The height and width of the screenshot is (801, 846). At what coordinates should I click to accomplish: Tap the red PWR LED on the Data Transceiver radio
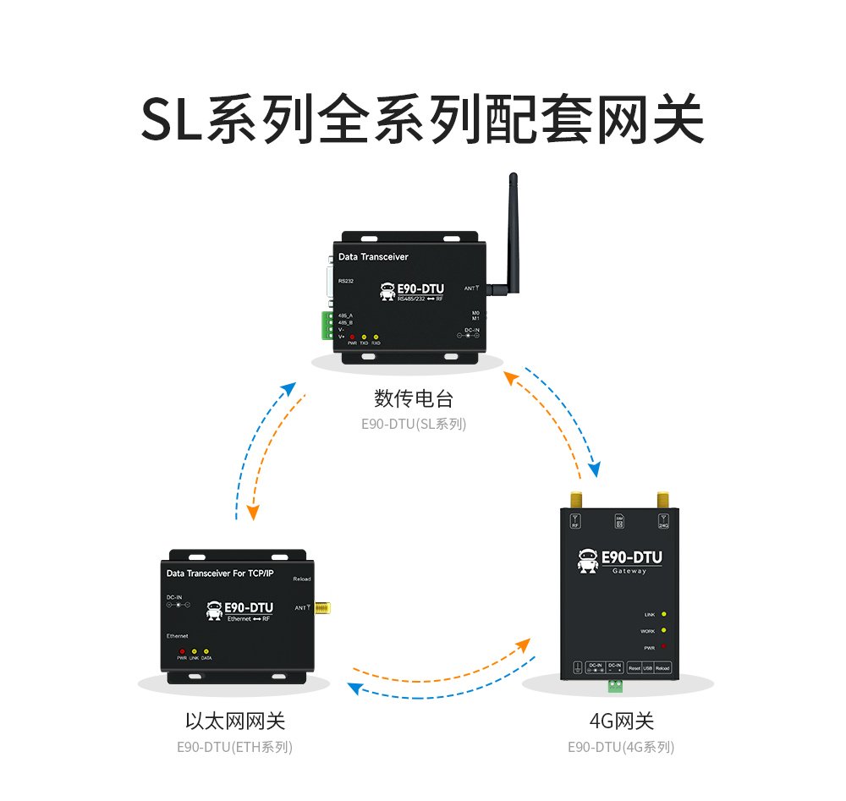pos(352,337)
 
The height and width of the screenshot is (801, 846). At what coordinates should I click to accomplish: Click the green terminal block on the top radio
pos(326,325)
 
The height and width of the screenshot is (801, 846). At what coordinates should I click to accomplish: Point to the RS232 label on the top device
pos(345,281)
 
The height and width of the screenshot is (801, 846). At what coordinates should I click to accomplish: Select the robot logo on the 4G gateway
pos(587,560)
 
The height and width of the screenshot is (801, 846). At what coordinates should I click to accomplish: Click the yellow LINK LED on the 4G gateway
pos(663,614)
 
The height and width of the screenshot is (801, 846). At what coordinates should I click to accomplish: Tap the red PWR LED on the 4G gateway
pos(663,647)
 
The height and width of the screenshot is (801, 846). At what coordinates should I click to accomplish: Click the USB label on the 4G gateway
pos(648,668)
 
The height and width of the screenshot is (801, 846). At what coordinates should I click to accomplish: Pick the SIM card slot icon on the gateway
pos(618,521)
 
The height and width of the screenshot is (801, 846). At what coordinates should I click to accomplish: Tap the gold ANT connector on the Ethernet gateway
pos(322,607)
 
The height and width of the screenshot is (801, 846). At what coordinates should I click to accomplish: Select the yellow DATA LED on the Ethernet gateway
pos(206,651)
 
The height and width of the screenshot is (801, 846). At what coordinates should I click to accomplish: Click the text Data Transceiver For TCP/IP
pos(220,573)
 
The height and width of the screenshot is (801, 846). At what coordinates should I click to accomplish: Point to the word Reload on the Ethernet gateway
pos(301,579)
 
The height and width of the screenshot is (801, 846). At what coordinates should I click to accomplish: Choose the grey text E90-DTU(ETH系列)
pos(234,747)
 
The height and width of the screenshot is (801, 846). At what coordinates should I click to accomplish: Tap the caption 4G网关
pos(621,721)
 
